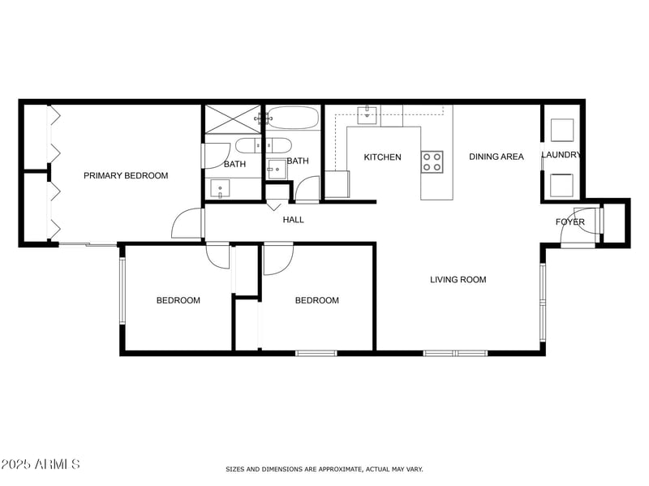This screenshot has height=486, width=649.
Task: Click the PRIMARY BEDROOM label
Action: coord(126,175)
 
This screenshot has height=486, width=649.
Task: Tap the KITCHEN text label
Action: coord(382,157)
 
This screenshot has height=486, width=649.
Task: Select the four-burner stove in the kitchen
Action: coord(432,161)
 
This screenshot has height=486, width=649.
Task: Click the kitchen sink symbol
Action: coord(369,111)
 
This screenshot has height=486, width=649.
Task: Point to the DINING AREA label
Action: coord(496,157)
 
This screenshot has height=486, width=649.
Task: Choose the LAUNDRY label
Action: coord(561,155)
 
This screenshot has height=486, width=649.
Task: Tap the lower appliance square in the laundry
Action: coord(562,185)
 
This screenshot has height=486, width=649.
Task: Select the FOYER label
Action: coord(569,222)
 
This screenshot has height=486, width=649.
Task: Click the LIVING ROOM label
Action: coord(458,280)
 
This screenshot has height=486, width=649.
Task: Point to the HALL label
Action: coord(293,220)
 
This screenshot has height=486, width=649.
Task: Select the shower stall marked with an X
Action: coord(232,119)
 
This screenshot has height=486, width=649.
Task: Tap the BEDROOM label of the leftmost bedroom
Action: coord(178,300)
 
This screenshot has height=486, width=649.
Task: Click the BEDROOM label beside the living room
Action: coord(316,300)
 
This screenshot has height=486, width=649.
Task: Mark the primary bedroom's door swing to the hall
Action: coord(187,224)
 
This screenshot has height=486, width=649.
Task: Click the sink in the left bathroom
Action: coord(220,188)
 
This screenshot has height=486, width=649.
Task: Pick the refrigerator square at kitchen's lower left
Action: coord(337,184)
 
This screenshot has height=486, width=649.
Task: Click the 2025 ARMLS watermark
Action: coord(41,464)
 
